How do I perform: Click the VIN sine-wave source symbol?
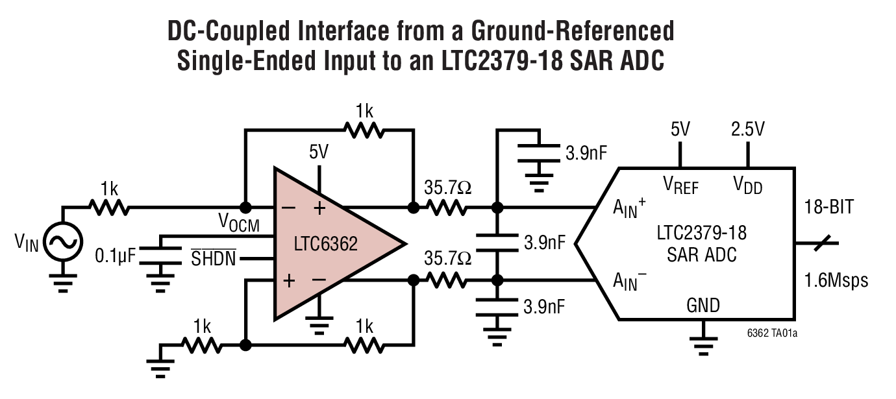click(x=63, y=243)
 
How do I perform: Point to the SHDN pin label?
click(x=213, y=260)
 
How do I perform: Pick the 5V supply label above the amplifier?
click(x=319, y=152)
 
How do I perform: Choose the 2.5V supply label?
click(x=747, y=128)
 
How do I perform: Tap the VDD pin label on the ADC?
click(x=747, y=186)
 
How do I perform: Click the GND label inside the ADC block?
click(x=703, y=305)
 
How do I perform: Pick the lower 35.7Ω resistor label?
click(x=447, y=259)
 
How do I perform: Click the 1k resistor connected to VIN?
click(x=109, y=208)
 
